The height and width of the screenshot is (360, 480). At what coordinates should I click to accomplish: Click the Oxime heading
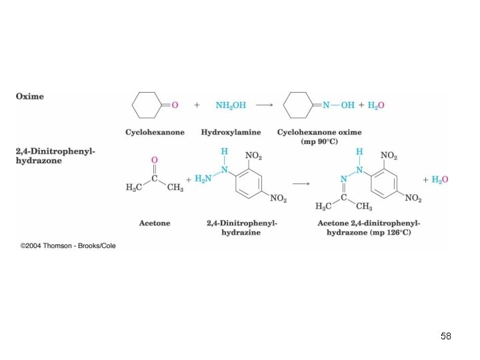(x=30, y=96)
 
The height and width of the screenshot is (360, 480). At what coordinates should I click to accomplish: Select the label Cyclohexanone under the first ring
(x=155, y=133)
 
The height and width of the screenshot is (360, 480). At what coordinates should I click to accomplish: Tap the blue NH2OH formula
(x=230, y=105)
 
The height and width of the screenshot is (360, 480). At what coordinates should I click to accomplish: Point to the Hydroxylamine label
(x=231, y=133)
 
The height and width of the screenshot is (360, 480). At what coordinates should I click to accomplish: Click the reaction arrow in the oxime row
(x=264, y=105)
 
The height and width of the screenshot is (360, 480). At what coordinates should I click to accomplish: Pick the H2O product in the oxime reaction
(x=375, y=105)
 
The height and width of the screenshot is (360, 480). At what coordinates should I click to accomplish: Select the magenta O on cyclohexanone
(x=175, y=105)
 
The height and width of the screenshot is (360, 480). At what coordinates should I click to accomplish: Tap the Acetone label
(x=155, y=223)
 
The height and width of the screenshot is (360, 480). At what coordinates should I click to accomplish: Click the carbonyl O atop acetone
(x=155, y=160)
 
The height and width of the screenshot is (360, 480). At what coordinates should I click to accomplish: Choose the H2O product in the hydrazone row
(x=439, y=179)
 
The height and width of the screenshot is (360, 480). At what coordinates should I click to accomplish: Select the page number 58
(x=446, y=337)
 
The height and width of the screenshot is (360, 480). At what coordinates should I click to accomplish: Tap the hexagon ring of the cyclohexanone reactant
(x=147, y=105)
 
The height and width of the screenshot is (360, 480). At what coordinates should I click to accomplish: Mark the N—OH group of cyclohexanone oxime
(x=338, y=105)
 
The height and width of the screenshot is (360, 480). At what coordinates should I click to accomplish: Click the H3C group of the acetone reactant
(x=135, y=189)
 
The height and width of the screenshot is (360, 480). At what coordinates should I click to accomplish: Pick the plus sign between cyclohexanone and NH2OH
(x=197, y=105)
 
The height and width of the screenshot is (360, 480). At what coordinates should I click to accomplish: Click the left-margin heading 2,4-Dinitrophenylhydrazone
(x=56, y=156)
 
